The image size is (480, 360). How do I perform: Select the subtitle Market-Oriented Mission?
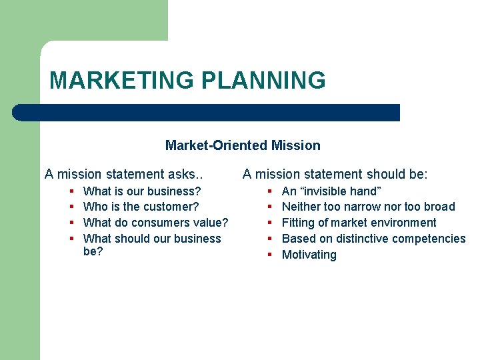243,145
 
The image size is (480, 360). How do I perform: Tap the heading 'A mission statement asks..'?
123,175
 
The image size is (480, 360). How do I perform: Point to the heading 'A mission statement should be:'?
335,175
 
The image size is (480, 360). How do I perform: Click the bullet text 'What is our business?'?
142,191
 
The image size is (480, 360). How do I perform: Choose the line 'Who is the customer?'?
141,207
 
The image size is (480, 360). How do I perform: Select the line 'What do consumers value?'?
155,223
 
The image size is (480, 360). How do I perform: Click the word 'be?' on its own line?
93,251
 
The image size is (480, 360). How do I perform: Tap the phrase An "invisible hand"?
331,191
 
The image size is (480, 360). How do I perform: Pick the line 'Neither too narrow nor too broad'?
368,207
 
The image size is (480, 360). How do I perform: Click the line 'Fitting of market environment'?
359,223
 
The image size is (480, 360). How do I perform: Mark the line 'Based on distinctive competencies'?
373,239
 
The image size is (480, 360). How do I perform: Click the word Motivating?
309,255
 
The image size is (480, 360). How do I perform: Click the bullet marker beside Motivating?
270,255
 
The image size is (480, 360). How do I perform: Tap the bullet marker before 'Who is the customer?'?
71,207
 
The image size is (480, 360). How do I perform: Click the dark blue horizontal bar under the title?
207,113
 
